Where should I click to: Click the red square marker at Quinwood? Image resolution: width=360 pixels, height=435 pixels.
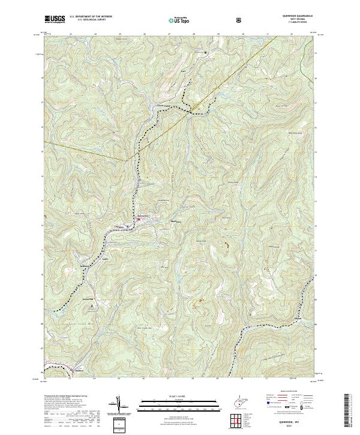[x=139, y=220]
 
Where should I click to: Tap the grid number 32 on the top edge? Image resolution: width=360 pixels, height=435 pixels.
[x=291, y=34]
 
